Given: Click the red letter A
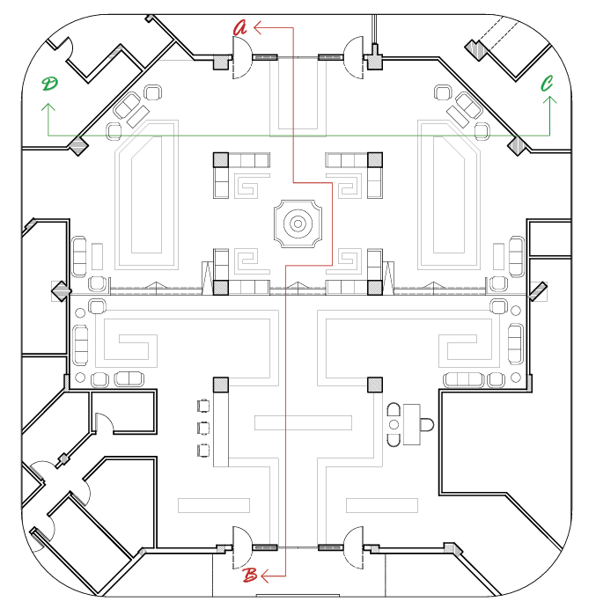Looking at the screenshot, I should pyautogui.click(x=239, y=27).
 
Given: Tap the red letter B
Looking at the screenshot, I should pyautogui.click(x=250, y=576).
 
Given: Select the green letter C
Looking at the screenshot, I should pyautogui.click(x=548, y=84).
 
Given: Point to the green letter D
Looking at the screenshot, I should pyautogui.click(x=49, y=84).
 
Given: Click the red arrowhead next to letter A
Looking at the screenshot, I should pyautogui.click(x=258, y=27).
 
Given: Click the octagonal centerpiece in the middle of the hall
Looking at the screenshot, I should pyautogui.click(x=298, y=224).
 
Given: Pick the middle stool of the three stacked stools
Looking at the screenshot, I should pyautogui.click(x=204, y=429).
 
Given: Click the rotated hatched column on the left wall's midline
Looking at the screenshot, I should pyautogui.click(x=60, y=291).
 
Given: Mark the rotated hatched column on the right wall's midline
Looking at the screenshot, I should pyautogui.click(x=537, y=291).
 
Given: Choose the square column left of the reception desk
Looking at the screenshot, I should pyautogui.click(x=374, y=385).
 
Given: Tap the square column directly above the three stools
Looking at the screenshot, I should pyautogui.click(x=220, y=385).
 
